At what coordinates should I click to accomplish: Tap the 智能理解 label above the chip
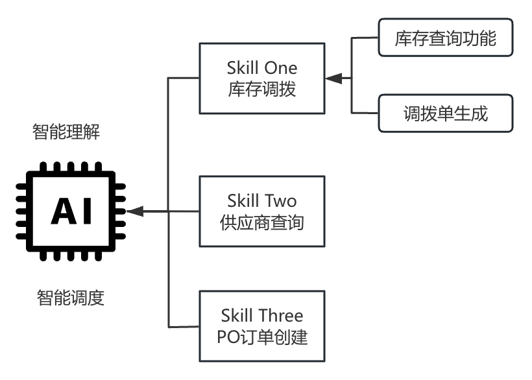click(x=66, y=132)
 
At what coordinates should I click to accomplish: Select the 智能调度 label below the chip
click(x=70, y=298)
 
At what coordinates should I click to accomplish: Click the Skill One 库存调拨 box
click(x=261, y=78)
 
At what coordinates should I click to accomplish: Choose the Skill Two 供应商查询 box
click(x=261, y=211)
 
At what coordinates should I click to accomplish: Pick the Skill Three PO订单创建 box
click(x=261, y=326)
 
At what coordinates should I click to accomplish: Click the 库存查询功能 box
click(x=445, y=38)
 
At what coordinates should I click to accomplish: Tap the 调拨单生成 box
click(x=445, y=114)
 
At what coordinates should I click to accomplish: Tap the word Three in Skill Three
click(x=281, y=316)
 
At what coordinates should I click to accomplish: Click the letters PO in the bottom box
click(x=228, y=337)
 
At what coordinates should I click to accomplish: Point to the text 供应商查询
click(x=262, y=222)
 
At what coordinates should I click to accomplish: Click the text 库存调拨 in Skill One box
click(x=262, y=89)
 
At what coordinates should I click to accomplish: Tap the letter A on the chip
click(x=63, y=211)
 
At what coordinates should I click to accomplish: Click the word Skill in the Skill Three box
click(x=238, y=316)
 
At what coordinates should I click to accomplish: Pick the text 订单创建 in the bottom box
click(x=274, y=337)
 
